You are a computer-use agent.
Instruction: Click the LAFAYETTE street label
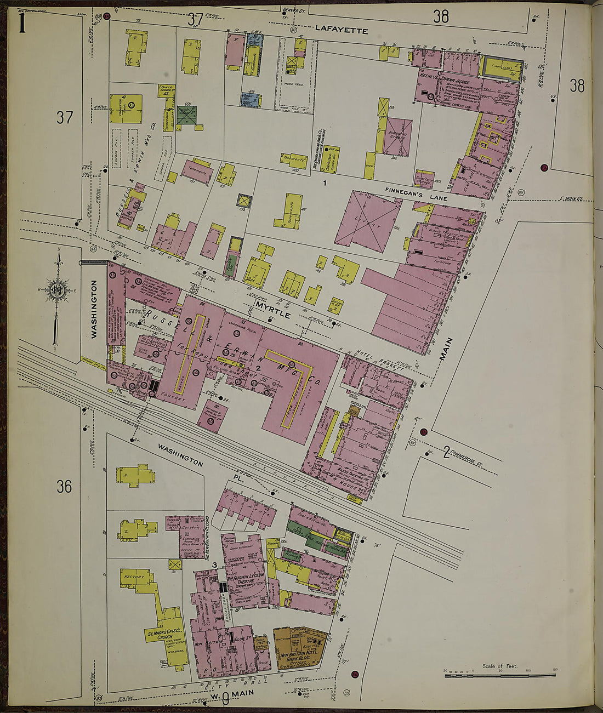pos(342,31)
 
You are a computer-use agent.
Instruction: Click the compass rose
pos(57,289)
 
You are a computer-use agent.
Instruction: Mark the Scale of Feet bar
pos(499,675)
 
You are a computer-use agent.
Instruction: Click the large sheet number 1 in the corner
pos(22,24)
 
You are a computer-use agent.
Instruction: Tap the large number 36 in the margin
pos(64,486)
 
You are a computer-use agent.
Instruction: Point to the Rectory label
pos(134,577)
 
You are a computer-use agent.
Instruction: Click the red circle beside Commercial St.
pos(423,432)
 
